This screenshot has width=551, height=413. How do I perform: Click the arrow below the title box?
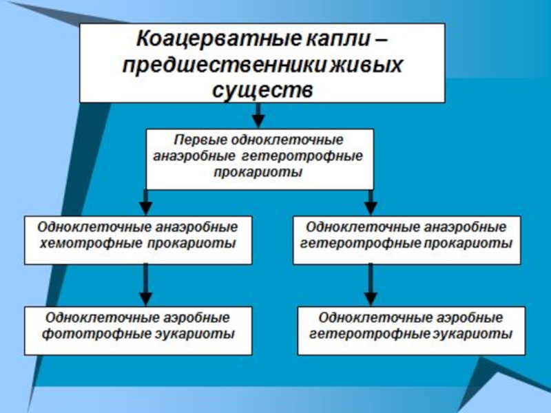[259, 114]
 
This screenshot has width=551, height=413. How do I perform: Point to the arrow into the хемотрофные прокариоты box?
[145, 202]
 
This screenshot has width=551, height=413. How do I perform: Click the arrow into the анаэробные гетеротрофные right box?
[371, 202]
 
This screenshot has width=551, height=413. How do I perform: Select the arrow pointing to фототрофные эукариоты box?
[145, 286]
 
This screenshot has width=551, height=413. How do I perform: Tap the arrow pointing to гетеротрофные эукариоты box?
[371, 286]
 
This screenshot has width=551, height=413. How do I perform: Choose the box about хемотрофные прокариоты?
[138, 240]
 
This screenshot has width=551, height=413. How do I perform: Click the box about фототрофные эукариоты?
[138, 330]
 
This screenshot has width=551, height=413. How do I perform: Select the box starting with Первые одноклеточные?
[260, 158]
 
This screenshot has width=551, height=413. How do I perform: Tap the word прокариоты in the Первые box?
[260, 172]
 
